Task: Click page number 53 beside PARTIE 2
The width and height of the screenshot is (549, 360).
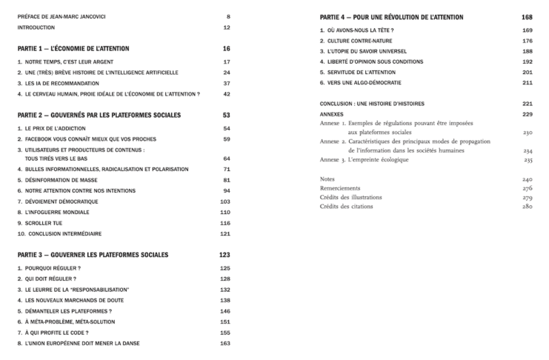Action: [227, 116]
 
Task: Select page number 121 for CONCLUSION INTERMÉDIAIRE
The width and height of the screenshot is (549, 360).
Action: [226, 234]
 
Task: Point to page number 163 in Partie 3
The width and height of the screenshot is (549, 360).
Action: [226, 344]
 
